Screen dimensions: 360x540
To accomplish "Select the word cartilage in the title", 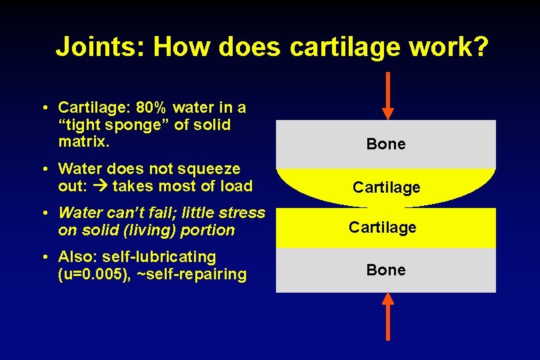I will pos(346,47).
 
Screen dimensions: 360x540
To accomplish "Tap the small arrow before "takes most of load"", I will pos(103,187).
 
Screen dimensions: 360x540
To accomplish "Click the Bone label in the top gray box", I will pos(386,144).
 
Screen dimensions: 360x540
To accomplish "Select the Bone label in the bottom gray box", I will pos(386,270).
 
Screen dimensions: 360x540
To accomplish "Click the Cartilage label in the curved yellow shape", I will pos(386,187).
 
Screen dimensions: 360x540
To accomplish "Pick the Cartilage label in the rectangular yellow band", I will pos(383,227).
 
